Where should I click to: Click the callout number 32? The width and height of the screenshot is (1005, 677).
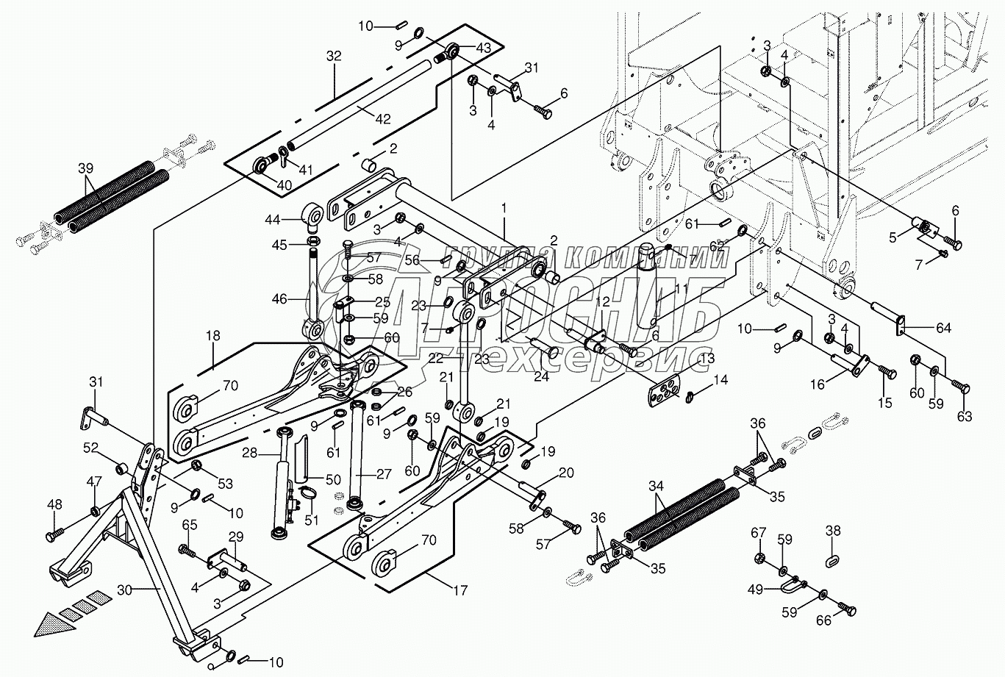click(335, 57)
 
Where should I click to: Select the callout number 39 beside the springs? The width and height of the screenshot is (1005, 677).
click(86, 168)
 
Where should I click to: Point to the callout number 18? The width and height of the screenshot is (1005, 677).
click(212, 335)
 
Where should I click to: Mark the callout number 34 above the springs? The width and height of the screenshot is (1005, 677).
click(657, 486)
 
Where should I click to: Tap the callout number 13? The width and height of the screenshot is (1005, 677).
click(707, 358)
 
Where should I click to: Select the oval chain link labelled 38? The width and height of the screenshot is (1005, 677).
click(832, 561)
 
